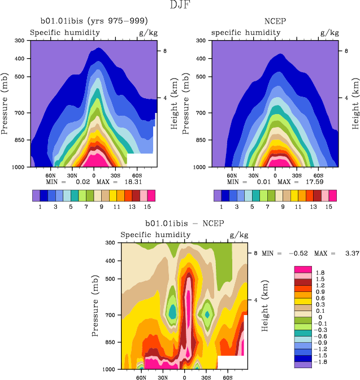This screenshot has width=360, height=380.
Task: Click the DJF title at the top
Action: [180, 6]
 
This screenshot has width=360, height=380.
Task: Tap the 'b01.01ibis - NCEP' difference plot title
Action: [184, 224]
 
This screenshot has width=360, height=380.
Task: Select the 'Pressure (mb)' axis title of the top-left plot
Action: [6, 104]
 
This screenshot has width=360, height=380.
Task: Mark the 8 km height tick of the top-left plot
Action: [164, 51]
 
